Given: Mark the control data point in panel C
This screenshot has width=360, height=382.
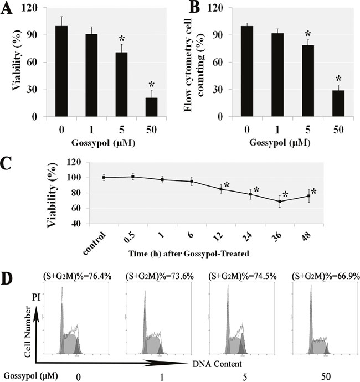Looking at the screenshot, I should coord(104,177).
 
